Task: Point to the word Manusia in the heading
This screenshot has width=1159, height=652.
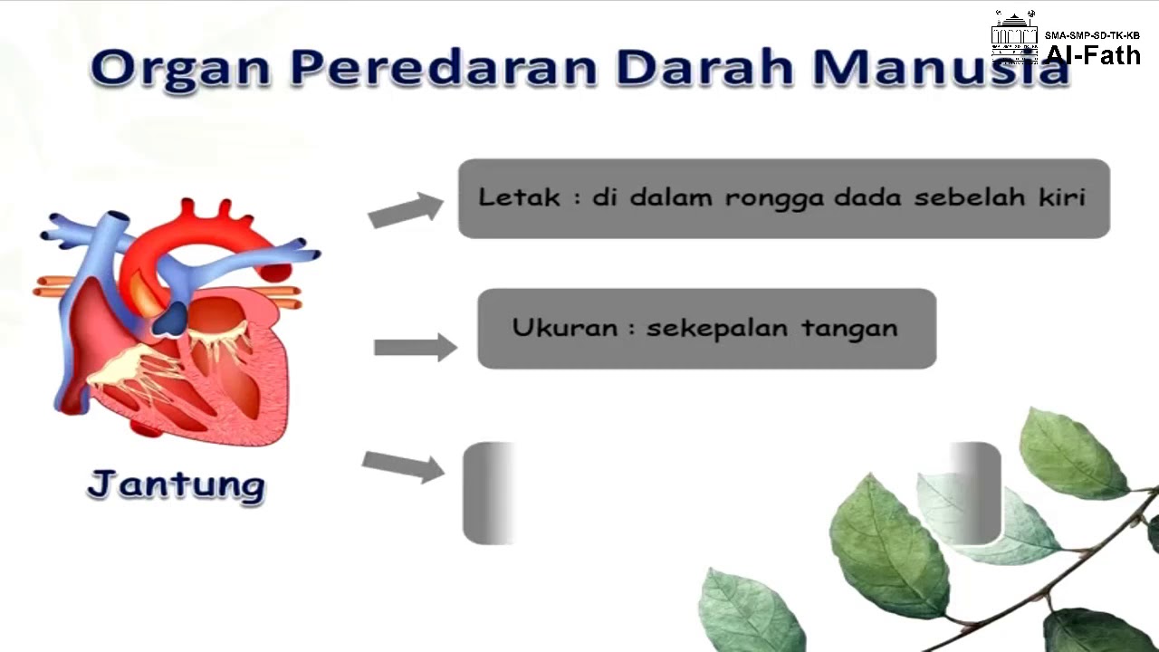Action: (942, 68)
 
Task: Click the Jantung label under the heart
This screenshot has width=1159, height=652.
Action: (177, 484)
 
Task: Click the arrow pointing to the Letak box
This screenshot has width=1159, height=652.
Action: (405, 210)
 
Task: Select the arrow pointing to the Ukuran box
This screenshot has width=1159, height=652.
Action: (415, 347)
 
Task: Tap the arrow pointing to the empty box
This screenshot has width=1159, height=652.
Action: (403, 465)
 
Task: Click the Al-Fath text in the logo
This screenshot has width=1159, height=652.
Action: (1093, 54)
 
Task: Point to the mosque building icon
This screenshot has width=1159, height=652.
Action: (1014, 36)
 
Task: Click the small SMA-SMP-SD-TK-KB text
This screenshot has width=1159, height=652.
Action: (1092, 35)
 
